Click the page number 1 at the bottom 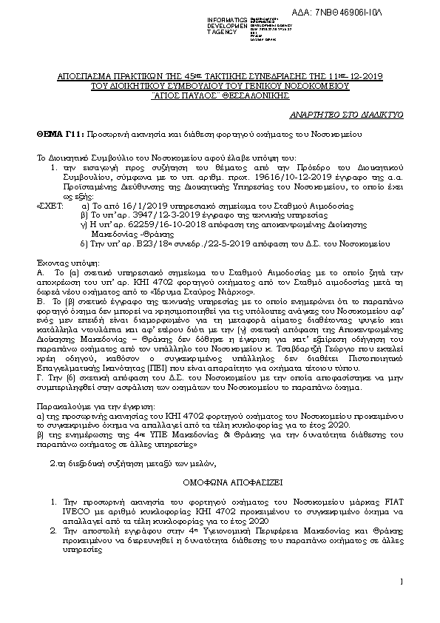399,582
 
